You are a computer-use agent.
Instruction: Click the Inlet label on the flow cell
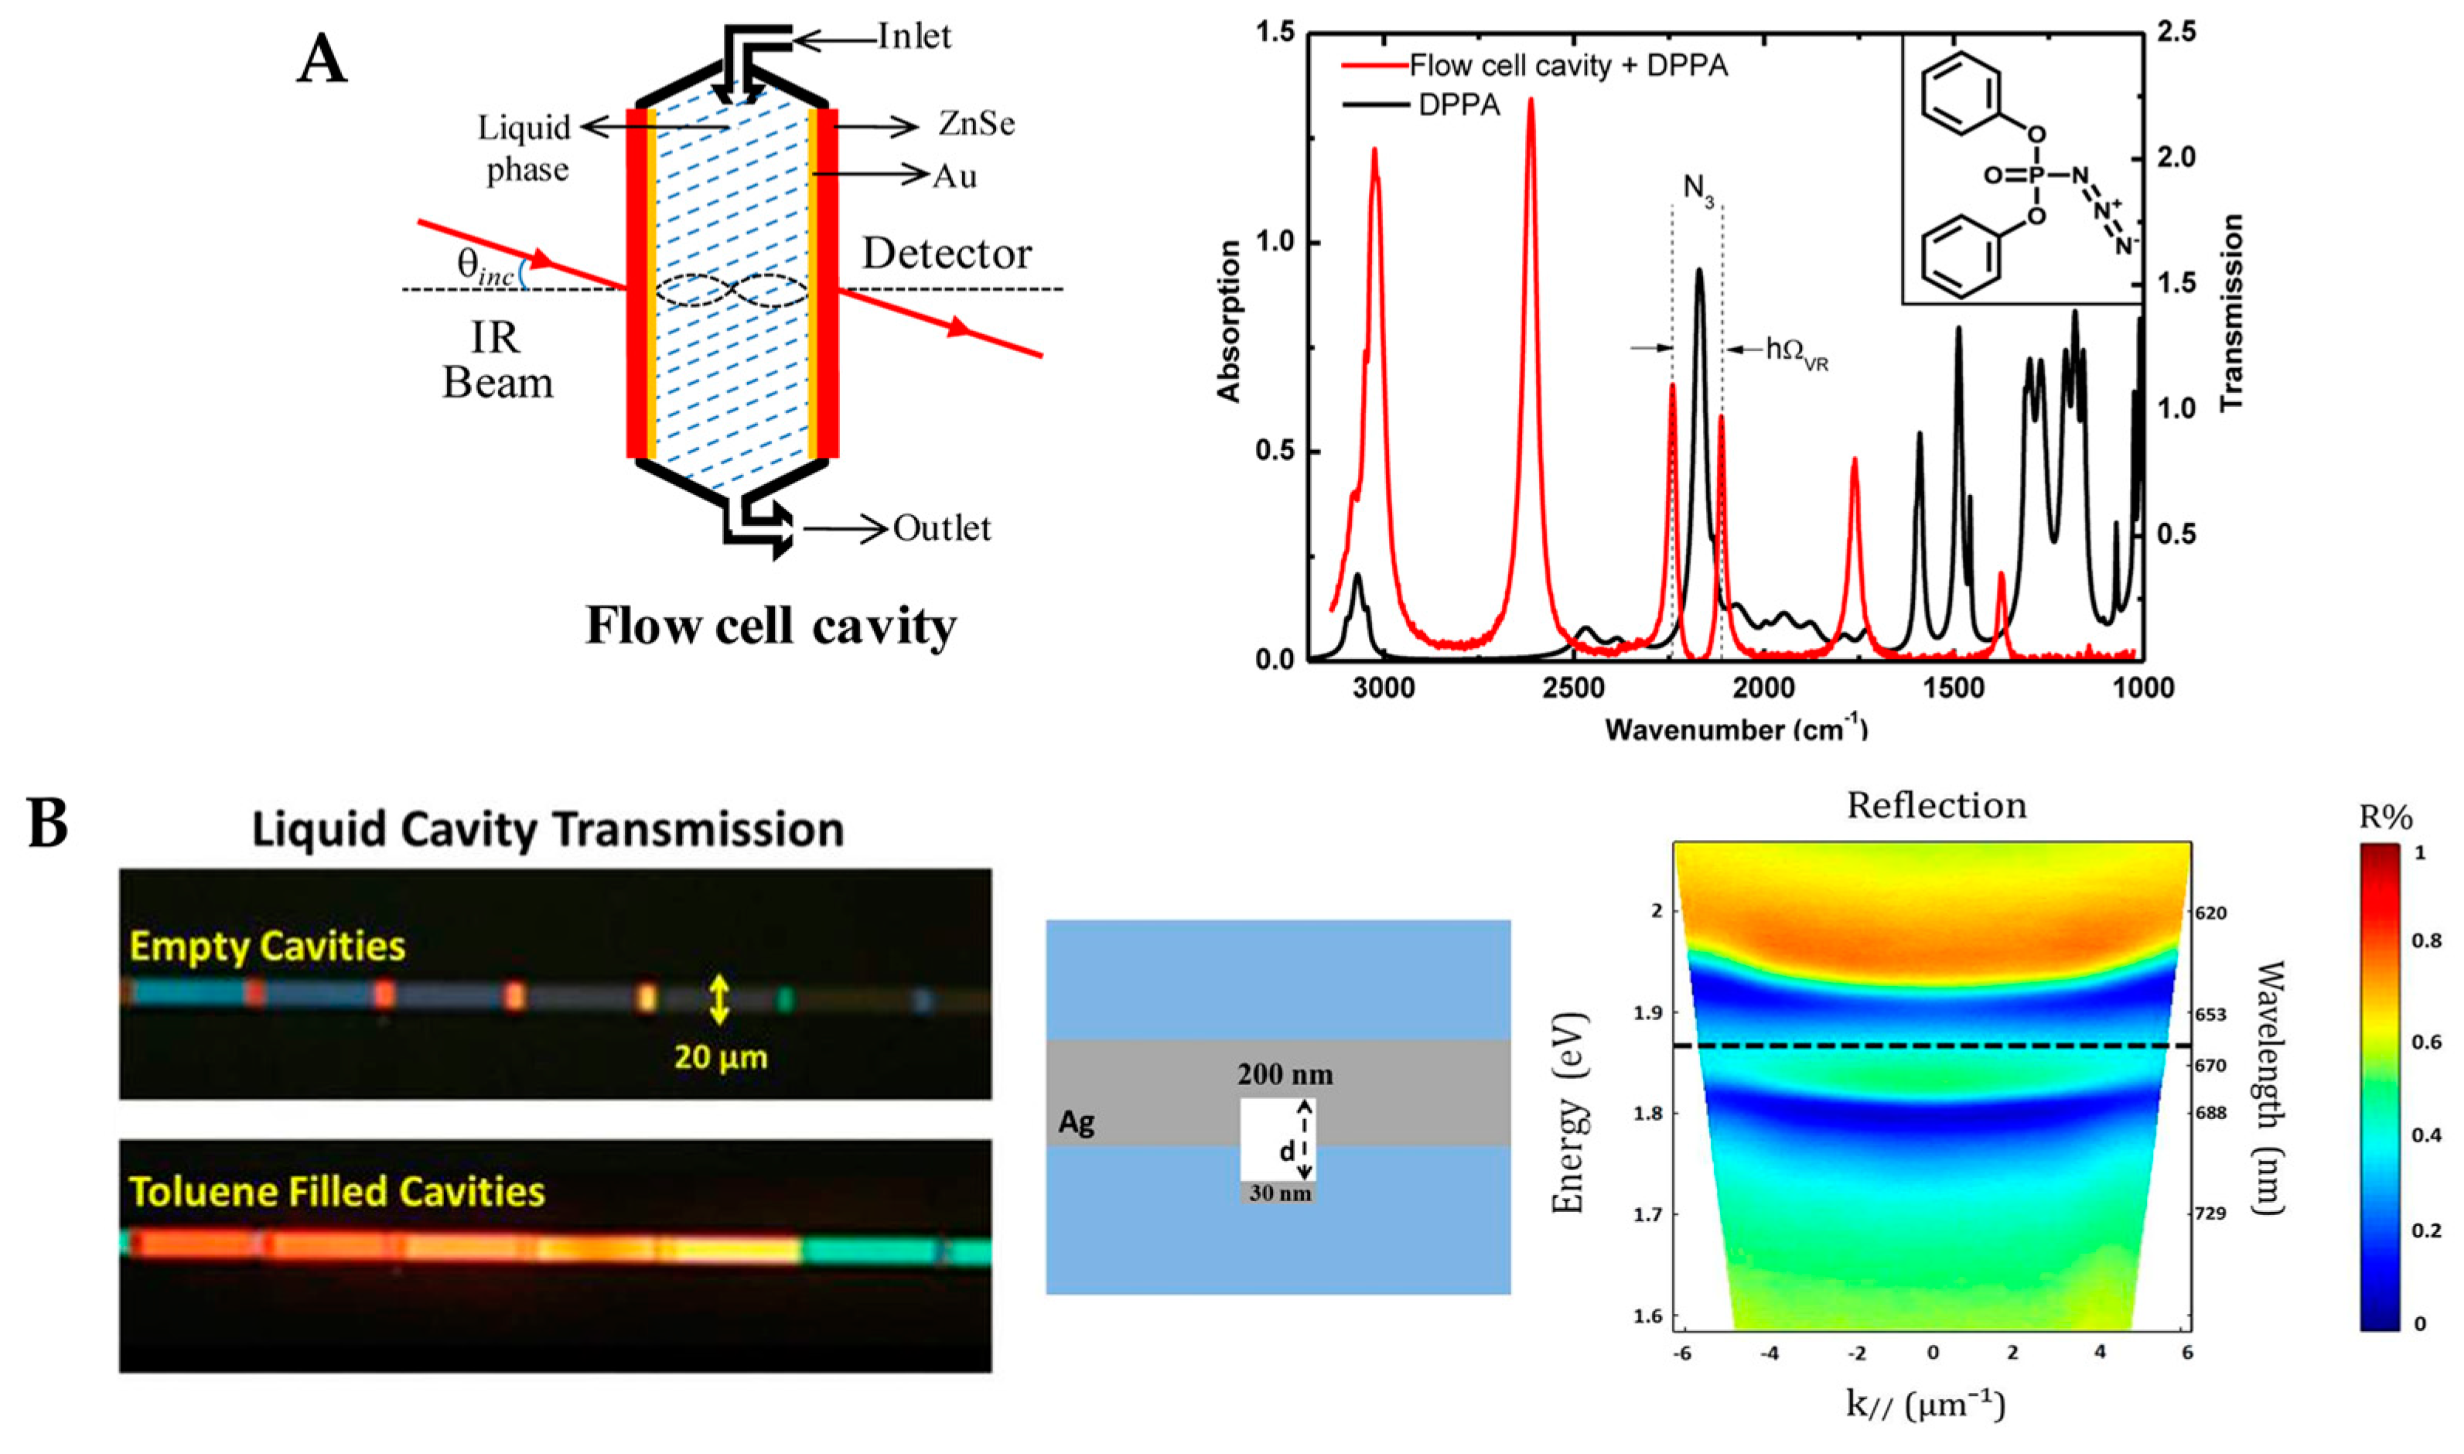click(913, 37)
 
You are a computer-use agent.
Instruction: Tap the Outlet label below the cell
click(941, 529)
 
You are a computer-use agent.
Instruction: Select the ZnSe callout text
click(976, 125)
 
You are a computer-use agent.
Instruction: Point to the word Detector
click(947, 254)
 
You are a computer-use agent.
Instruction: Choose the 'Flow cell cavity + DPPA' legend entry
click(1568, 67)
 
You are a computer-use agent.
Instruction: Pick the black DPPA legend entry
click(1459, 105)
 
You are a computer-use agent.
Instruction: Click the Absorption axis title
click(1229, 322)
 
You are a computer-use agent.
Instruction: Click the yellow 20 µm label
click(720, 1057)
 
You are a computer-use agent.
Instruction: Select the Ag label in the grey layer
click(1076, 1123)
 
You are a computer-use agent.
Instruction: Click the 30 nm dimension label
click(1279, 1193)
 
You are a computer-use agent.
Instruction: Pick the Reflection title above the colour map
click(1936, 805)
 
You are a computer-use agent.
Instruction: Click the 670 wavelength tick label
click(2210, 1066)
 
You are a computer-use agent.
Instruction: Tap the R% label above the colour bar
click(2384, 817)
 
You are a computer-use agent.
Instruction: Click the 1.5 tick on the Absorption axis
click(1274, 33)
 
